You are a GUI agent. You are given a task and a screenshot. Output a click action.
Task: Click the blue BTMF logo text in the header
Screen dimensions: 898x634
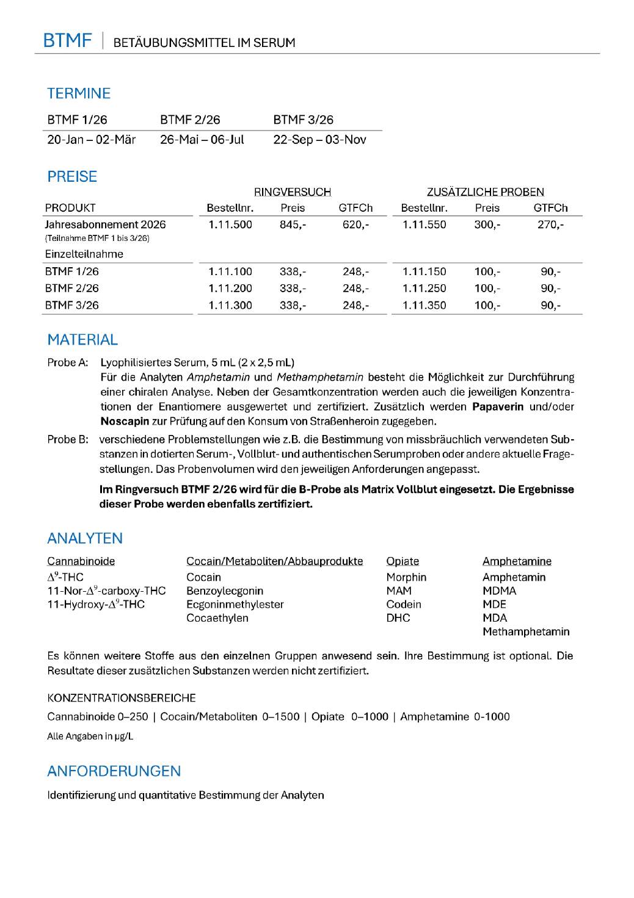pyautogui.click(x=67, y=40)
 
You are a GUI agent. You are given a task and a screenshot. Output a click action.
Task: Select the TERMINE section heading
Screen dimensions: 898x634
pyautogui.click(x=79, y=93)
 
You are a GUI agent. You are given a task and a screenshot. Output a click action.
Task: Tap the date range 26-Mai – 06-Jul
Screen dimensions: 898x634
pyautogui.click(x=202, y=140)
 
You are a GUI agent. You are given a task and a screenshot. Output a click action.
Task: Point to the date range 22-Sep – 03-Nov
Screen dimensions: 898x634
pyautogui.click(x=319, y=140)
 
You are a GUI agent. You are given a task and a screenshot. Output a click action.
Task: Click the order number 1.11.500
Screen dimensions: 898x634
pyautogui.click(x=230, y=224)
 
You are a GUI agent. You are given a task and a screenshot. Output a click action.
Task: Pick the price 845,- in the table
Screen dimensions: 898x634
pyautogui.click(x=293, y=224)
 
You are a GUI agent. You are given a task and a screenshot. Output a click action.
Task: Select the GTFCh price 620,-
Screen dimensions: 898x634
pyautogui.click(x=355, y=224)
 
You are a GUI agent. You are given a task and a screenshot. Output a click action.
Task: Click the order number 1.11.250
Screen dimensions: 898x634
pyautogui.click(x=424, y=288)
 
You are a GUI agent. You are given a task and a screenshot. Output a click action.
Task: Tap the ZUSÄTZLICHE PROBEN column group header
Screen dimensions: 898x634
pyautogui.click(x=485, y=192)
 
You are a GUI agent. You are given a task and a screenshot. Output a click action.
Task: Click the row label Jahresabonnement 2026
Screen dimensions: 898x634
pyautogui.click(x=105, y=224)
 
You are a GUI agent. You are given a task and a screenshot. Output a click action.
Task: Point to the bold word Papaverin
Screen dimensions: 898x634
pyautogui.click(x=498, y=407)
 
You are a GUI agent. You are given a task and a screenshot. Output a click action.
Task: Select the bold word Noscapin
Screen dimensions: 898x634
pyautogui.click(x=125, y=422)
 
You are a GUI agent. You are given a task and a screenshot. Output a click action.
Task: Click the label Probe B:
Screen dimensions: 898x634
pyautogui.click(x=68, y=439)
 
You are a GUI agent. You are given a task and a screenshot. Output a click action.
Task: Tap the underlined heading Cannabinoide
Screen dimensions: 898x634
pyautogui.click(x=81, y=561)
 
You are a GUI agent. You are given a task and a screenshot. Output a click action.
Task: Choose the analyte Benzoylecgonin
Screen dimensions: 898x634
pyautogui.click(x=225, y=591)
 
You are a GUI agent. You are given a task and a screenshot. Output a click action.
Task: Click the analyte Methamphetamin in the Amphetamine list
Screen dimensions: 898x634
pyautogui.click(x=525, y=631)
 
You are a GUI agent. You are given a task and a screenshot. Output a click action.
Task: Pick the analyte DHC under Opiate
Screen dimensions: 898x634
pyautogui.click(x=398, y=618)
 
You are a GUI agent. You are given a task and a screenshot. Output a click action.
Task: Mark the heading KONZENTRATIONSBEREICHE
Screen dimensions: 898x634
pyautogui.click(x=122, y=698)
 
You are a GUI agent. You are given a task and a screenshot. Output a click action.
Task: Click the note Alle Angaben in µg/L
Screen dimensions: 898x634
pyautogui.click(x=90, y=736)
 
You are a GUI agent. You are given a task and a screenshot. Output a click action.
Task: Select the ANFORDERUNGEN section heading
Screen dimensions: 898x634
pyautogui.click(x=114, y=771)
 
